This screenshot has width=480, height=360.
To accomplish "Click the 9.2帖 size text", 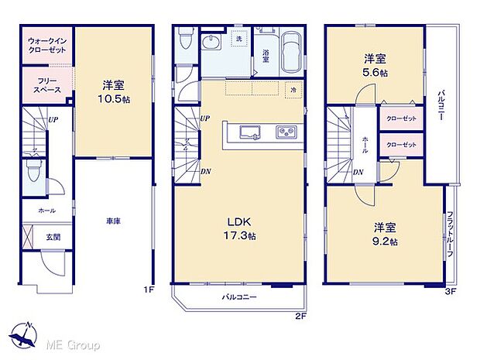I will click(x=385, y=242).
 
